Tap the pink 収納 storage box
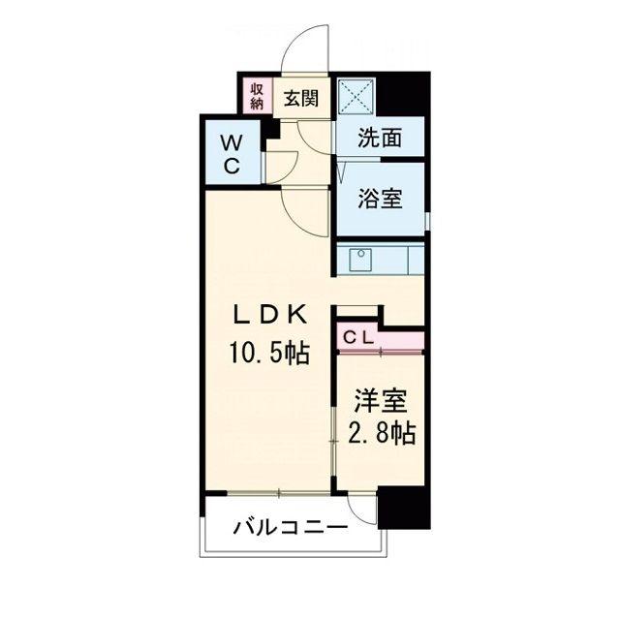(x=258, y=97)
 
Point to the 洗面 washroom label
(x=380, y=139)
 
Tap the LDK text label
(x=268, y=315)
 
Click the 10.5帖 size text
(x=268, y=354)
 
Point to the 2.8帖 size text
(x=380, y=433)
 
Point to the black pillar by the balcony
(x=403, y=508)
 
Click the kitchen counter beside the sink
(x=401, y=261)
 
